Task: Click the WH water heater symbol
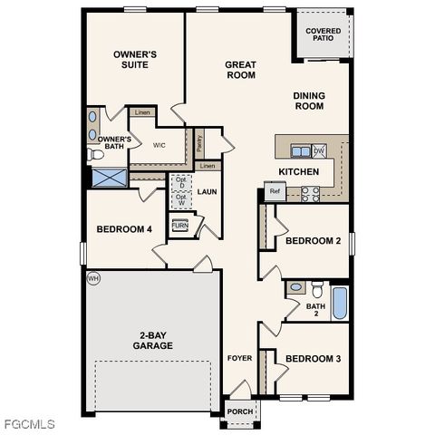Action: [x=92, y=279]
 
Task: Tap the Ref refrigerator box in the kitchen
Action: [x=275, y=191]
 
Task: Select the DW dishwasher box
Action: [x=319, y=150]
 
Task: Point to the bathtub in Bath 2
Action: [x=339, y=302]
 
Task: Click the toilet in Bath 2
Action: [x=317, y=290]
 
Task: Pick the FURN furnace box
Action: [x=179, y=226]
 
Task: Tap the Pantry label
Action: [x=199, y=142]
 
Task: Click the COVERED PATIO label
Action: [x=323, y=34]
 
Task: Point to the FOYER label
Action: [x=238, y=358]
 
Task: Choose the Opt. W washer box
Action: [x=181, y=200]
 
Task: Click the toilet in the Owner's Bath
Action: [x=96, y=155]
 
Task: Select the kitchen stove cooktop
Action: [x=309, y=191]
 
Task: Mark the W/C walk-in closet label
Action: [x=159, y=145]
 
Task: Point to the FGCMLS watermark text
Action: [x=28, y=423]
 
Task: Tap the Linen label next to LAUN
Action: [x=208, y=167]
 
